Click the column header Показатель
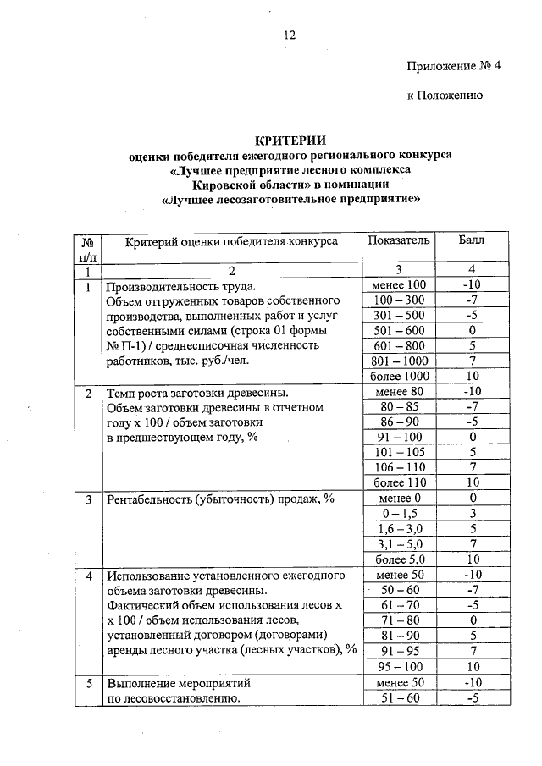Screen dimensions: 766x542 [398, 240]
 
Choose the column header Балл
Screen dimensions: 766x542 [471, 240]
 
